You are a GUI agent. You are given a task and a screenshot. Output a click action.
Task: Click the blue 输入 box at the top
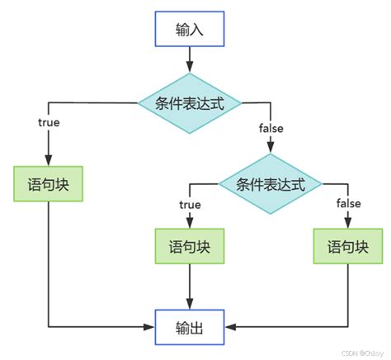[x=189, y=30]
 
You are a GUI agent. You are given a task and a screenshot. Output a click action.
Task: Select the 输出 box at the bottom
[x=189, y=328]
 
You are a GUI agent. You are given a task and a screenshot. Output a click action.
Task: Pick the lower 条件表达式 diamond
[x=271, y=182]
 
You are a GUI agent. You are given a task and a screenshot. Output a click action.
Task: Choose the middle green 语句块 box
[x=189, y=247]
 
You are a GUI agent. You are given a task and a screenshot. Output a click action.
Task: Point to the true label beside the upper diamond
[x=49, y=122]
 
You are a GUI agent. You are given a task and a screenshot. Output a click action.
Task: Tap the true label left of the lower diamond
[x=191, y=203]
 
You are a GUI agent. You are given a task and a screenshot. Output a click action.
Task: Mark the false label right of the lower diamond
[x=346, y=203]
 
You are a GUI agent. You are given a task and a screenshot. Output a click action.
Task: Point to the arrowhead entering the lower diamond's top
[x=271, y=149]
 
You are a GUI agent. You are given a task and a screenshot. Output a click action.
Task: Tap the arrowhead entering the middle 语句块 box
[x=189, y=225]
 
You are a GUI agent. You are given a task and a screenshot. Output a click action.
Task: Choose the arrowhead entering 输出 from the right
[x=228, y=328]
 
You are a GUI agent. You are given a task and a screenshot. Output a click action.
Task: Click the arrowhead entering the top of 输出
[x=189, y=306]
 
